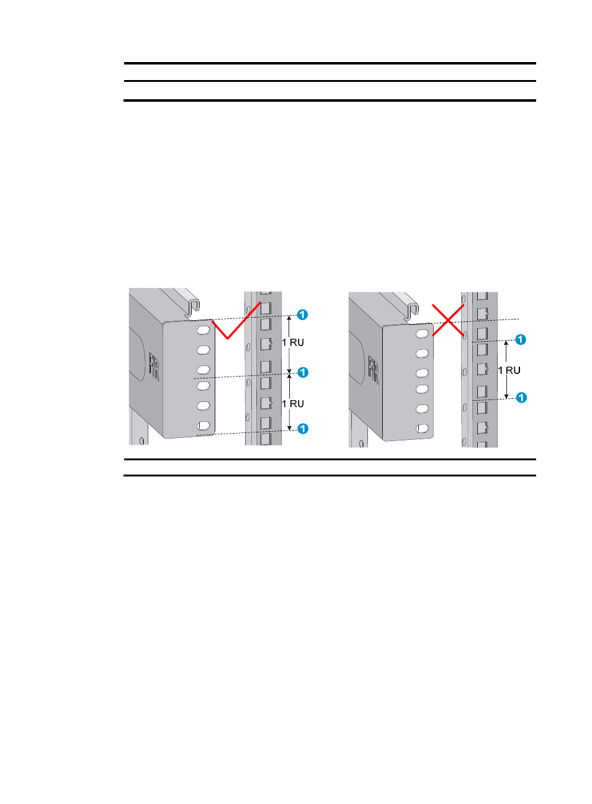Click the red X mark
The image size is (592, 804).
click(448, 321)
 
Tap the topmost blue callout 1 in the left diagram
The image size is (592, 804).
click(302, 315)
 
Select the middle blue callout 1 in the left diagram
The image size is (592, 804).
click(303, 372)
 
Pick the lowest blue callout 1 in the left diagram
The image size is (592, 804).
click(303, 429)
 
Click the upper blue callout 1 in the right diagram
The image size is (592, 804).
click(521, 339)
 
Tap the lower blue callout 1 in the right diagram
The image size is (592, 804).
click(521, 397)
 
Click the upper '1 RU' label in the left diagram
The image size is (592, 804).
click(293, 342)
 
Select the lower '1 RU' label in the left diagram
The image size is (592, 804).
click(293, 404)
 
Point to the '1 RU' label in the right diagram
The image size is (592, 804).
click(509, 370)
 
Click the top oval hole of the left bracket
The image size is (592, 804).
click(204, 330)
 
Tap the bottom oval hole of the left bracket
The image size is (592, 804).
click(204, 426)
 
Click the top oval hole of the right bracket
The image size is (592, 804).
click(422, 334)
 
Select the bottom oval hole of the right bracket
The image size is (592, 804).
click(422, 429)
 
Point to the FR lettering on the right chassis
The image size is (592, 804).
click(373, 370)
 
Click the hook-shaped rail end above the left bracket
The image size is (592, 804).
click(193, 307)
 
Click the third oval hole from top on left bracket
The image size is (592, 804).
click(204, 370)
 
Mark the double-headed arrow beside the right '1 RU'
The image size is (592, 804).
click(506, 369)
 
